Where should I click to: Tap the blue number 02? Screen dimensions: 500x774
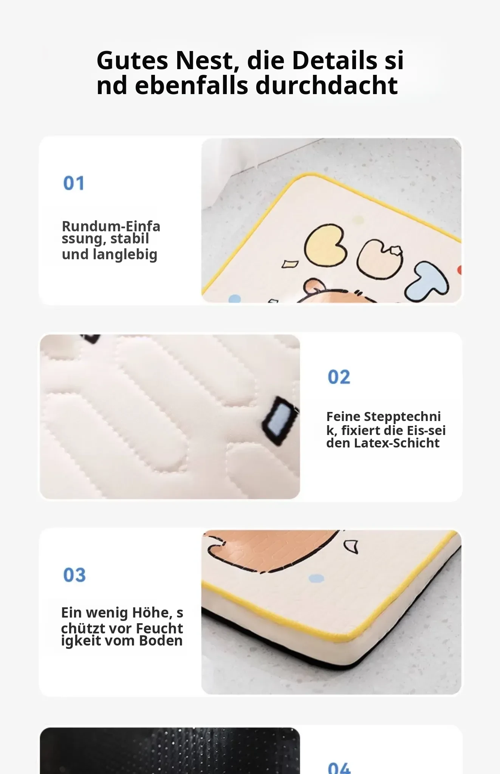point(339,377)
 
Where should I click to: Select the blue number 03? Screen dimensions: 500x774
point(74,575)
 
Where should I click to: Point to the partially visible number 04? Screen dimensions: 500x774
point(339,768)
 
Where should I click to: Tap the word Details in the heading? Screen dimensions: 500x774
point(335,60)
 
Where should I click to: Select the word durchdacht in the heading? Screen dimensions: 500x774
point(327,85)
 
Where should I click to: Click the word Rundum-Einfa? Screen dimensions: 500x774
point(111,226)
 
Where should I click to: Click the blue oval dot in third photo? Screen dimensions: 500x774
point(316,578)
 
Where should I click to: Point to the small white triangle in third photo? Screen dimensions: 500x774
point(351,546)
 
